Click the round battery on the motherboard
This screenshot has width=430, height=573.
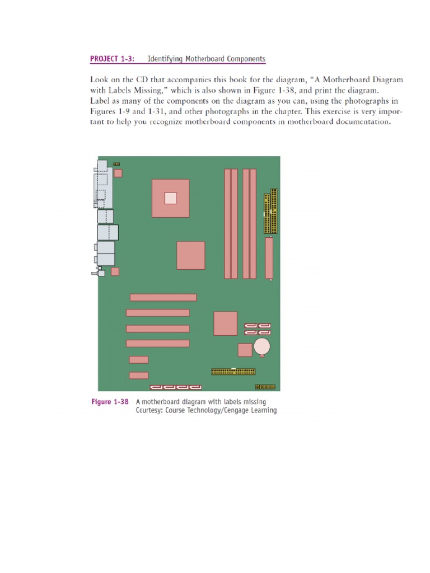262,347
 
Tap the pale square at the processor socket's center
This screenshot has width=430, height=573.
170,198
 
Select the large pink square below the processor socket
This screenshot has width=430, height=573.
190,255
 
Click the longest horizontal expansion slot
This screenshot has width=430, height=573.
163,297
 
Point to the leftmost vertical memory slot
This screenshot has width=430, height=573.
227,224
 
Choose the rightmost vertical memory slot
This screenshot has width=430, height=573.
253,224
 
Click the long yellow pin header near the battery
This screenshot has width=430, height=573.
233,372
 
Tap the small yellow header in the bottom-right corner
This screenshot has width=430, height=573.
265,387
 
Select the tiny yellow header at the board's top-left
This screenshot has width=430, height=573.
116,164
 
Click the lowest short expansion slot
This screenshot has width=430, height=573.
138,375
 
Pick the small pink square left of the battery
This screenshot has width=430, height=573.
245,350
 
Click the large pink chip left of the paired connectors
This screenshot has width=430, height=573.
225,323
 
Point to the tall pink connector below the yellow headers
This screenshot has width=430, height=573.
269,258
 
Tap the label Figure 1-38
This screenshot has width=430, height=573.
110,402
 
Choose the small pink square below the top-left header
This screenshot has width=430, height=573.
118,173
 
